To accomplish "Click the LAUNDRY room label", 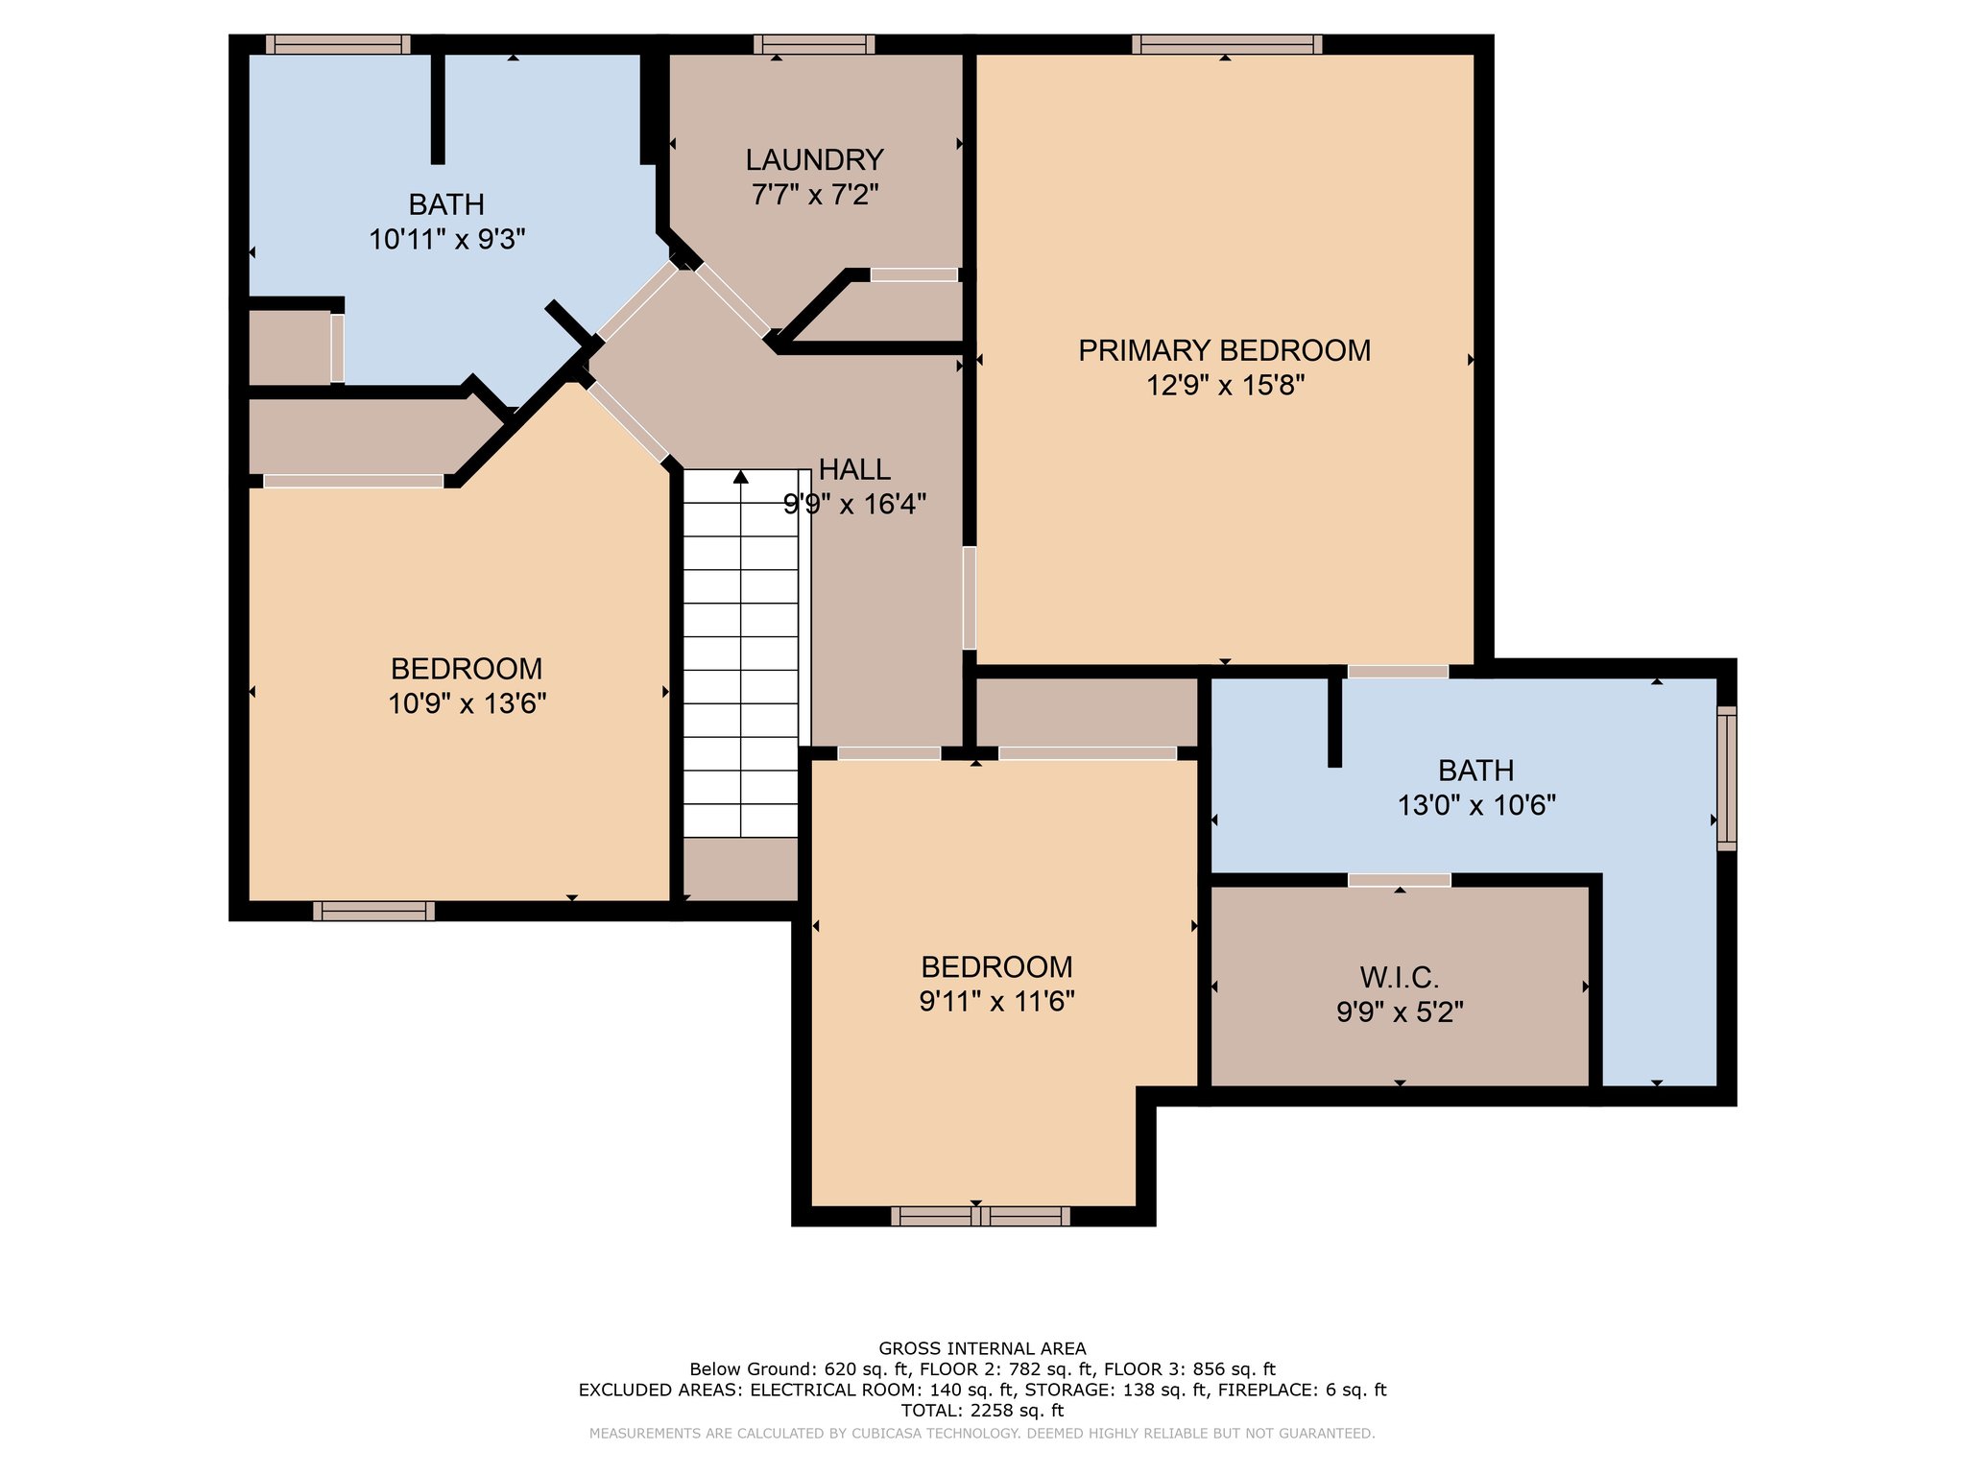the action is point(814,159).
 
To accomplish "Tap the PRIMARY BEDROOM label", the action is point(1224,350).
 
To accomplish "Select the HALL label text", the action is point(854,469).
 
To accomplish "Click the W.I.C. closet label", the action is point(1399,978).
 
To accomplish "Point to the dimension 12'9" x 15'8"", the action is point(1225,386).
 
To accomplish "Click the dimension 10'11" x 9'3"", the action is point(446,239).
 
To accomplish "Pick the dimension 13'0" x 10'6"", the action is point(1475,805).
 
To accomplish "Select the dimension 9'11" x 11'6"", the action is point(996,1002).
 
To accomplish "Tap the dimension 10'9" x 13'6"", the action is point(467,704).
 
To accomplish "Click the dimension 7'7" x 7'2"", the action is point(814,195).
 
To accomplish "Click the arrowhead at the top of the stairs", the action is point(740,476).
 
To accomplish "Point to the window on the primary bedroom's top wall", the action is point(1226,44).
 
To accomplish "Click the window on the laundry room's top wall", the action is point(814,44).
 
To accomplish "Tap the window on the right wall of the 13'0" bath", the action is point(1726,778).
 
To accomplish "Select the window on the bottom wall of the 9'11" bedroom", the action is point(980,1216).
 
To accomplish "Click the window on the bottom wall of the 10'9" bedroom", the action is point(373,911).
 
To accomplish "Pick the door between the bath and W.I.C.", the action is point(1400,880).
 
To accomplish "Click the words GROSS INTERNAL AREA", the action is point(982,1348).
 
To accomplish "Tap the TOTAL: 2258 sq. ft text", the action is point(982,1410).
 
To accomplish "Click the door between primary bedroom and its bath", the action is point(1398,671).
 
